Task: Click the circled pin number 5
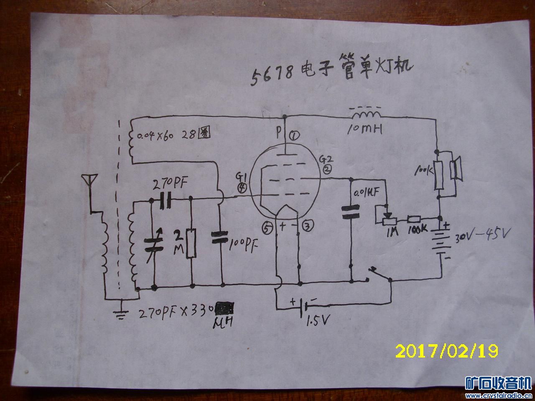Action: pyautogui.click(x=267, y=227)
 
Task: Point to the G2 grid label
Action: pyautogui.click(x=325, y=159)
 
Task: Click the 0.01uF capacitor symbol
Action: pyautogui.click(x=351, y=211)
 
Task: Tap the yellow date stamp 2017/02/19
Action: pyautogui.click(x=446, y=350)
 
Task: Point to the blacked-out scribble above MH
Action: pyautogui.click(x=225, y=309)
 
